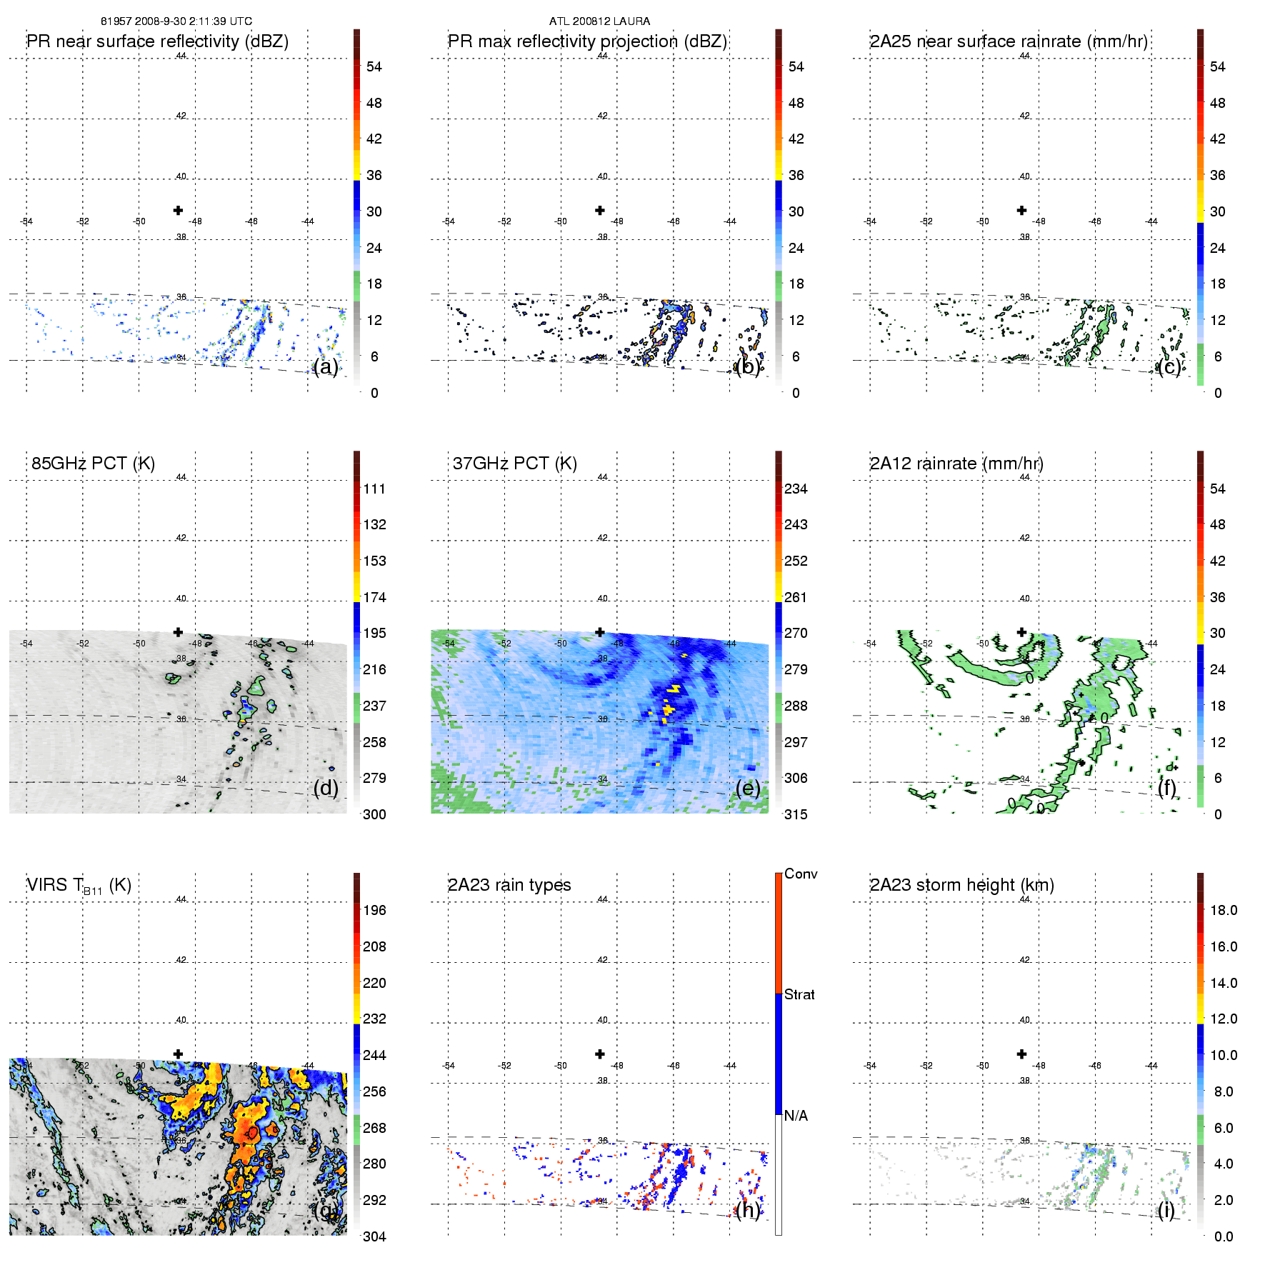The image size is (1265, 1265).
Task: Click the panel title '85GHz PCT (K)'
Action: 93,464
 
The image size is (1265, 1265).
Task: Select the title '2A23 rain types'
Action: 509,885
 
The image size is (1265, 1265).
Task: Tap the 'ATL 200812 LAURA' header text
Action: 599,21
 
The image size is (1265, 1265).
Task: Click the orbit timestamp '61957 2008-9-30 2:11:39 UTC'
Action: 176,21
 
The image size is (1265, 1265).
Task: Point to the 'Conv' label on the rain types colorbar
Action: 801,874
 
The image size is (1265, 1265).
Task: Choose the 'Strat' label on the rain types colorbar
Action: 799,995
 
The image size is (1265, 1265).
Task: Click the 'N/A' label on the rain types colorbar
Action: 796,1116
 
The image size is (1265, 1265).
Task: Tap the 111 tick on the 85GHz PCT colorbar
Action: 374,489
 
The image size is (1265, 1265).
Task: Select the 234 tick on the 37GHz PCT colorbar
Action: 796,489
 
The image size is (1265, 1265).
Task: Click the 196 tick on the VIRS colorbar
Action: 374,911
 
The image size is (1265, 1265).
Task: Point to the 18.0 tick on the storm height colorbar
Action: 1224,911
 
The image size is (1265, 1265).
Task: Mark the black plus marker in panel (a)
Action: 178,210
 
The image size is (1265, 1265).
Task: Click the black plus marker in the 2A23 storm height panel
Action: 1021,1054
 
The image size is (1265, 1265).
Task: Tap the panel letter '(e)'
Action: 748,788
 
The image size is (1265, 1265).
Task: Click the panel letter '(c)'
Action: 1169,366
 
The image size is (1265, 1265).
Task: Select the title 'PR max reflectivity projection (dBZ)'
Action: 587,41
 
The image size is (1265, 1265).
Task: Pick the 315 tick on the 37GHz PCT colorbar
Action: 796,815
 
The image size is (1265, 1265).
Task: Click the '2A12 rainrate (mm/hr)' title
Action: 956,464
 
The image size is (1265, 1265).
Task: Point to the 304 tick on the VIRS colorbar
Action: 374,1236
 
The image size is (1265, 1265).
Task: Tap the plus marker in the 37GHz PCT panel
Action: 600,632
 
